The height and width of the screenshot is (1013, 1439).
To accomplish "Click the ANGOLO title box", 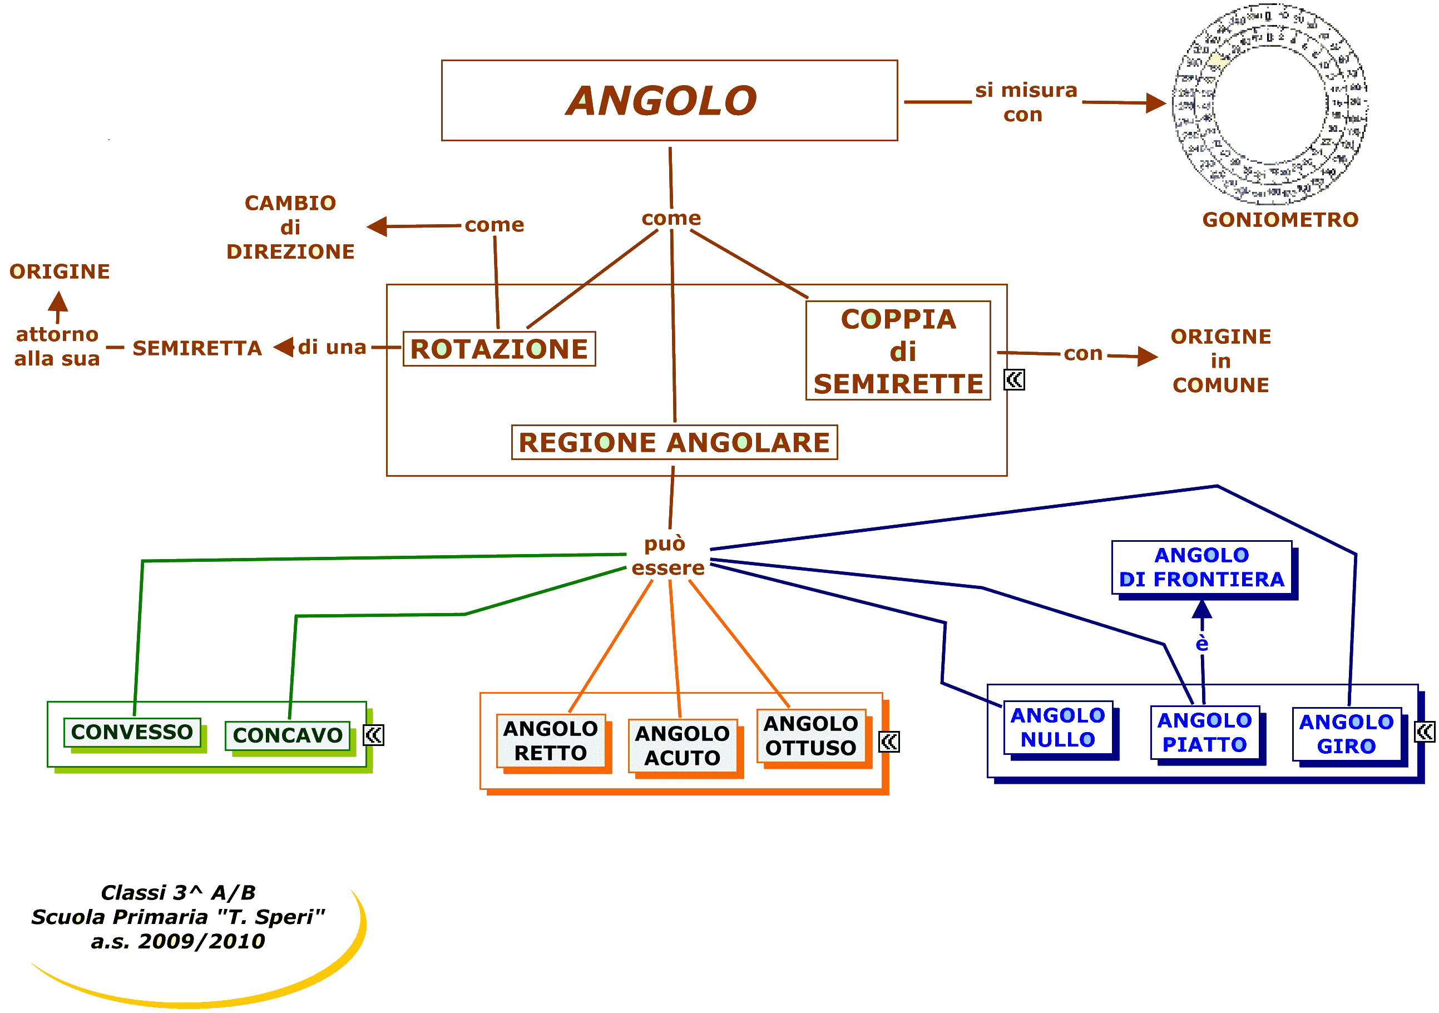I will (x=669, y=100).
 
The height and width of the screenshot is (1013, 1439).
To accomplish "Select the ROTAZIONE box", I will (x=499, y=349).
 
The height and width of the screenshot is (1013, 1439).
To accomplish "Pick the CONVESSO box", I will (x=132, y=732).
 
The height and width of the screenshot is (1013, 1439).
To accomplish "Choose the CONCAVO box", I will (x=288, y=735).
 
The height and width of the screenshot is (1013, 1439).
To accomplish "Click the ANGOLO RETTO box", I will (x=550, y=740).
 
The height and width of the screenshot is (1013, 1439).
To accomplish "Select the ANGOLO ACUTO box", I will (x=682, y=745).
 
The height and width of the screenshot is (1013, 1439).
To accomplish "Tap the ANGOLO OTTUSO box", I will (x=810, y=735).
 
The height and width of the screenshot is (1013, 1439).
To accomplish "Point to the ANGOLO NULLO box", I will (x=1057, y=727).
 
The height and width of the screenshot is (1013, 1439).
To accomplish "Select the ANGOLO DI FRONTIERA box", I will (x=1201, y=567).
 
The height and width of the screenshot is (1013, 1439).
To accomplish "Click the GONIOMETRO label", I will (x=1280, y=219).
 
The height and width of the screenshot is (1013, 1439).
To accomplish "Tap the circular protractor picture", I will (x=1270, y=104).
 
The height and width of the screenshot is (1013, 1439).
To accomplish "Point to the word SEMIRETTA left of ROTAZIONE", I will (x=197, y=348).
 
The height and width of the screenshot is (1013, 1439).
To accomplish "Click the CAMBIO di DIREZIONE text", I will (x=290, y=227).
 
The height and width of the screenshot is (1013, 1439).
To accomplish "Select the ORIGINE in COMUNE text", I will (x=1221, y=360).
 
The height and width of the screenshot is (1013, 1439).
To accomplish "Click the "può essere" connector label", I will (x=667, y=555).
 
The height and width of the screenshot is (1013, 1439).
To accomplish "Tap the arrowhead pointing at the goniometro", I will (x=1155, y=102).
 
